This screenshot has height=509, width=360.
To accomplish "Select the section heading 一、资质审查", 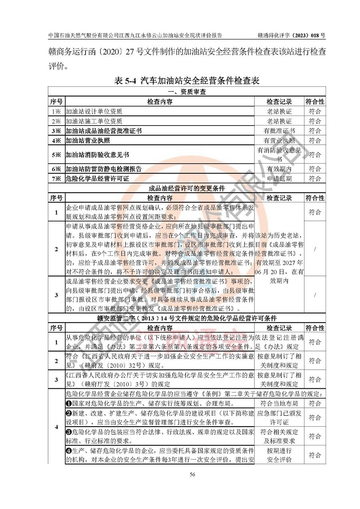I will tap(187, 92).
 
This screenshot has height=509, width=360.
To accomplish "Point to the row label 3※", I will tap(56, 131).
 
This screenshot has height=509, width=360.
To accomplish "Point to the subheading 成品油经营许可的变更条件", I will tap(187, 188).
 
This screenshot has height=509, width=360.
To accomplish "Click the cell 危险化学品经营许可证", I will tap(97, 178).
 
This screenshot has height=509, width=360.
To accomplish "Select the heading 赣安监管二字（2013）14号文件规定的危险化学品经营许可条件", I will tap(187, 318).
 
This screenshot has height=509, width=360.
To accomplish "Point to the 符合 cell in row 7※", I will tap(315, 178).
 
